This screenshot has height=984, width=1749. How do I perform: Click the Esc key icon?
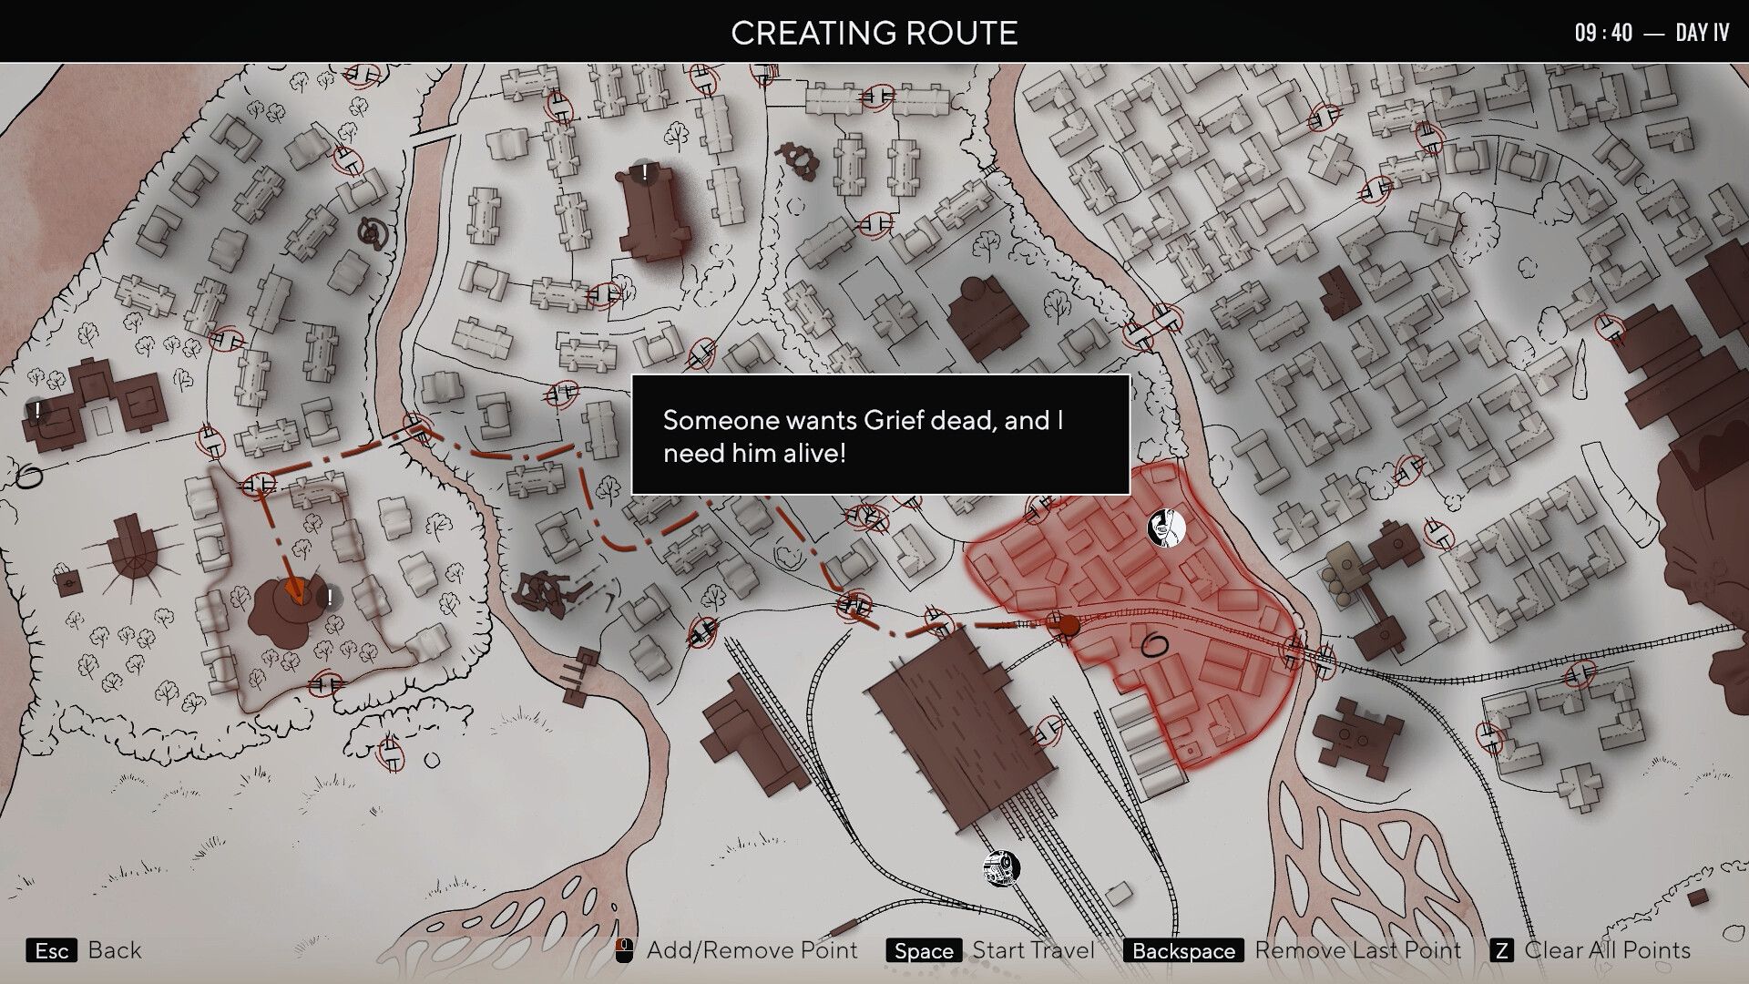[x=52, y=951]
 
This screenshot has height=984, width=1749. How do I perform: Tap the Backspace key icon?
[x=1183, y=951]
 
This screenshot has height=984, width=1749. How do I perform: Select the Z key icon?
[x=1501, y=951]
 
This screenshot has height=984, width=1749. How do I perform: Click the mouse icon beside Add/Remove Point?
[x=624, y=951]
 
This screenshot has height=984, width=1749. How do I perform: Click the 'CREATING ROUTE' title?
[x=874, y=33]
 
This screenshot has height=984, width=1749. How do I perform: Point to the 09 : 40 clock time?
[x=1603, y=33]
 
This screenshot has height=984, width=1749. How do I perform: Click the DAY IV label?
[x=1702, y=33]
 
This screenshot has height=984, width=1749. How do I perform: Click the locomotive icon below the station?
[x=1001, y=868]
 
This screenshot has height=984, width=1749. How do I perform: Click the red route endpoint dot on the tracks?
[x=1067, y=625]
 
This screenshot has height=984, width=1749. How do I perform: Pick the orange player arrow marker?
[x=293, y=590]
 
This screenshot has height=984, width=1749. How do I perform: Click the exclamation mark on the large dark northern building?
[x=645, y=171]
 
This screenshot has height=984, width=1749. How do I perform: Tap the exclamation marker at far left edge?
[x=36, y=411]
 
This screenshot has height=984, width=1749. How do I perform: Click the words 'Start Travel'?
[x=1033, y=951]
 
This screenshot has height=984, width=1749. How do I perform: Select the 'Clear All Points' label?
[x=1607, y=951]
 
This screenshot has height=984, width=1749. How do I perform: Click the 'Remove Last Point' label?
[x=1357, y=951]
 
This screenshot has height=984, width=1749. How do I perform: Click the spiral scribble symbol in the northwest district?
[x=371, y=234]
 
